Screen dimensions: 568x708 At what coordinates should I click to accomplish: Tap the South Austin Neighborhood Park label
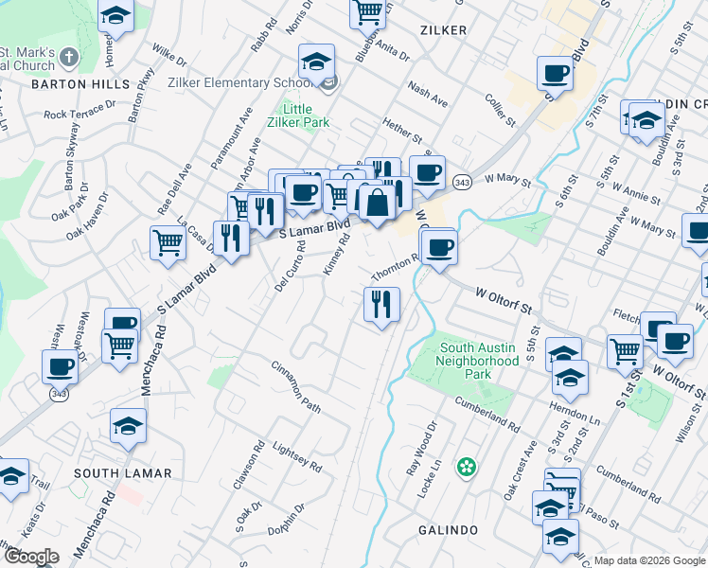[x=478, y=354]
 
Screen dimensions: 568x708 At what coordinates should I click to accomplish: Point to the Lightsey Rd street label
[x=297, y=455]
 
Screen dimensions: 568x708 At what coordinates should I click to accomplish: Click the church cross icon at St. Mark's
[x=67, y=59]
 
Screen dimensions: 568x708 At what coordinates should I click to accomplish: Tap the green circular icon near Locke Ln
[x=466, y=467]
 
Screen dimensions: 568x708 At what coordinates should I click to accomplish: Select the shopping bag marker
[x=377, y=203]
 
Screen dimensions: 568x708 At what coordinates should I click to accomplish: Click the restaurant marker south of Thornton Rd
[x=381, y=305]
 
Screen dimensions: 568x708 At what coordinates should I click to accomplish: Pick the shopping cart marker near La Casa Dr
[x=168, y=242]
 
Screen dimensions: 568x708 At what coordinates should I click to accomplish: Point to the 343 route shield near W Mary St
[x=462, y=181]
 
